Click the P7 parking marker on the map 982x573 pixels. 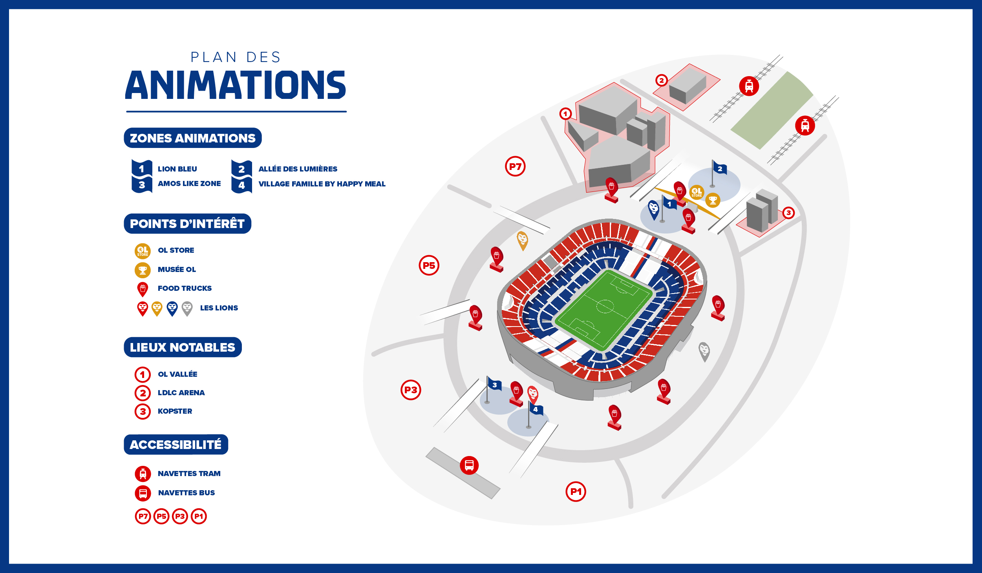[515, 166]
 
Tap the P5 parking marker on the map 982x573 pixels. [429, 266]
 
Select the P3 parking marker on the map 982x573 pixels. [411, 390]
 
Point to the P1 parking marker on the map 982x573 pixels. [576, 492]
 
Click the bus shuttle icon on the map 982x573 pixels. [469, 465]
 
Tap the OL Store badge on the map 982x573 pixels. [697, 192]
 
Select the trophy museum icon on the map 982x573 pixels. [713, 200]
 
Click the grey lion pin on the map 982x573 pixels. [704, 350]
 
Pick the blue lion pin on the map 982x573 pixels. [653, 209]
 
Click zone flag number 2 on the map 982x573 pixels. [720, 169]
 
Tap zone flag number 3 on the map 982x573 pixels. [494, 385]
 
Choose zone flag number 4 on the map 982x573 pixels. [535, 409]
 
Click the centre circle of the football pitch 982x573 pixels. [605, 306]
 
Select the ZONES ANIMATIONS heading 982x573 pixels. [192, 138]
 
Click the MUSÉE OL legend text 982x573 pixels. [177, 270]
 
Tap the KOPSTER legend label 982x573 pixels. [175, 411]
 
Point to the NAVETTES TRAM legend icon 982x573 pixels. [143, 474]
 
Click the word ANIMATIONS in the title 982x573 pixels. [236, 85]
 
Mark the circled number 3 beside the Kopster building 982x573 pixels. [788, 213]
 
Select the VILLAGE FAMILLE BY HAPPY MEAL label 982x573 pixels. [322, 184]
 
